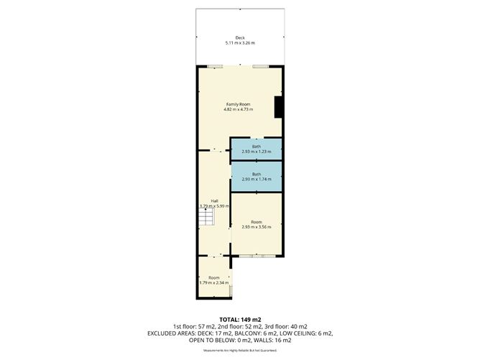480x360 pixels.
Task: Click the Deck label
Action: coord(239,37)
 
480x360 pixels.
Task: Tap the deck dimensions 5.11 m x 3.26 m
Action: coord(239,43)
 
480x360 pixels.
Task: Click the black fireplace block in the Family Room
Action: coord(279,106)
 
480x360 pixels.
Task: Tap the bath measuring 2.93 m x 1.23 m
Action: coord(256,149)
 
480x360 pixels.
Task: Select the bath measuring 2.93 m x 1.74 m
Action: coord(256,176)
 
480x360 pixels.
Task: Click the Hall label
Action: coord(214,200)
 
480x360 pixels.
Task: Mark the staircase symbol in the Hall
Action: coord(207,216)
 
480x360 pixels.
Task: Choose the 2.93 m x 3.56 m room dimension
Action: coord(257,227)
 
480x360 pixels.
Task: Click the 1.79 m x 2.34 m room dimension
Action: coord(214,282)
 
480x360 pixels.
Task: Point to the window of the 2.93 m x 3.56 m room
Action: coord(256,256)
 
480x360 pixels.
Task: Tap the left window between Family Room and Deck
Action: coord(214,67)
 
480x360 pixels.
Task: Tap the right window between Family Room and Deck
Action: coord(260,67)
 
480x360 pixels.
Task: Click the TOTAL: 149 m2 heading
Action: coord(239,319)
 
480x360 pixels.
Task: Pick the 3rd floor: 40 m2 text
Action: coord(294,326)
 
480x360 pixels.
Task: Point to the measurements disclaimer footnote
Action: coord(239,349)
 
